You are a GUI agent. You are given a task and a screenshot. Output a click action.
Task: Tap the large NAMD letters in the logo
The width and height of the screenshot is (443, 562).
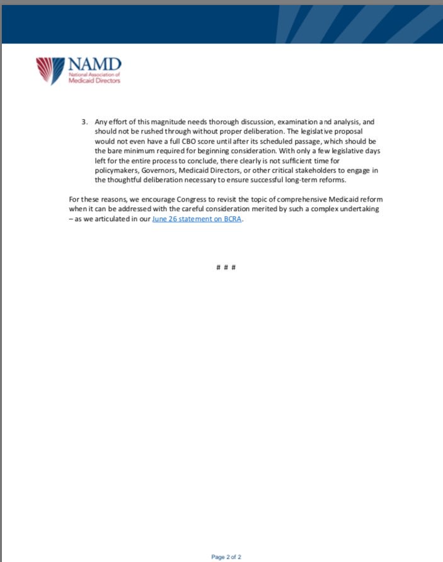coord(93,64)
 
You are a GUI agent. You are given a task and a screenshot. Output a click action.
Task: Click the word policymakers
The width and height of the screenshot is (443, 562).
coord(116,170)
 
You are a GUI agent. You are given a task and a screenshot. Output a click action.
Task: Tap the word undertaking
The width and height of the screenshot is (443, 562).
coord(359,209)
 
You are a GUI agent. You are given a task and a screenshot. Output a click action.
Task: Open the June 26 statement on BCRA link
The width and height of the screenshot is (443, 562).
coord(197,219)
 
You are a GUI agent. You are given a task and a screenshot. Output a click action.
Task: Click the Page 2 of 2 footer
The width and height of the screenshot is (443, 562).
coord(226,556)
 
